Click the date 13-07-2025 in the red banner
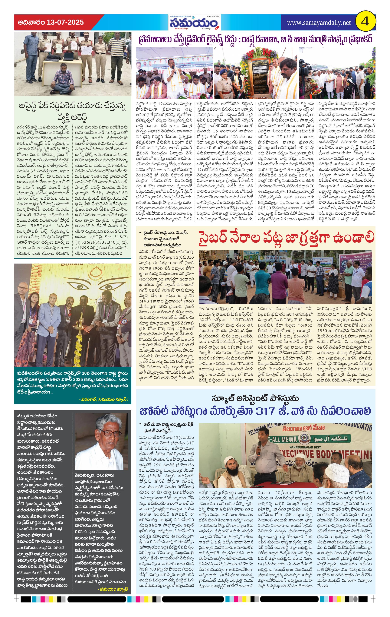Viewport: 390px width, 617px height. [65, 22]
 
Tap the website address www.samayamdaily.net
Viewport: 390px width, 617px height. [319, 23]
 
